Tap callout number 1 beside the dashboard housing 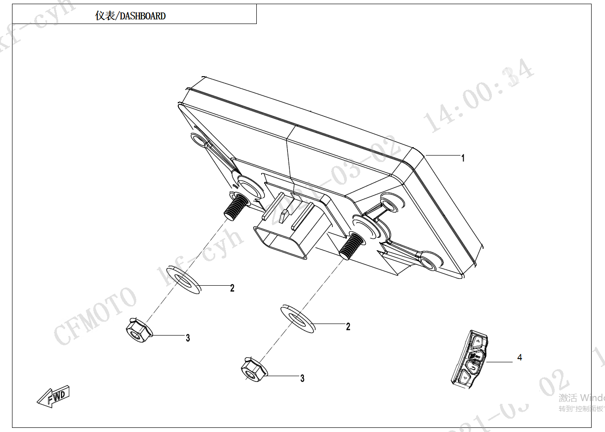pyautogui.click(x=463, y=158)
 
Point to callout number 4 pyautogui.click(x=520, y=357)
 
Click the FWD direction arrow pyautogui.click(x=54, y=396)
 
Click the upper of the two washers pyautogui.click(x=183, y=280)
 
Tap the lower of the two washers pyautogui.click(x=298, y=317)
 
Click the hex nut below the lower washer pyautogui.click(x=252, y=370)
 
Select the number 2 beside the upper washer pyautogui.click(x=232, y=288)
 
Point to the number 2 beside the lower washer pyautogui.click(x=348, y=327)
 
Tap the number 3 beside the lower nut pyautogui.click(x=302, y=378)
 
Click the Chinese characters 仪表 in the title pyautogui.click(x=105, y=16)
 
